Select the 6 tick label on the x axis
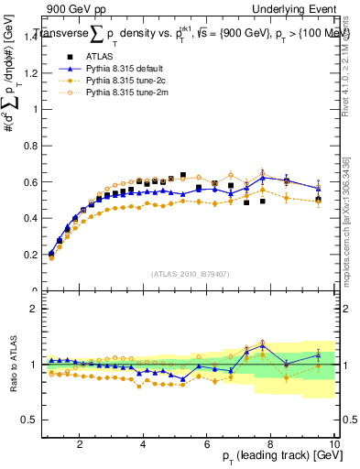coord(207,444)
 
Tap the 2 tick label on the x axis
coord(80,444)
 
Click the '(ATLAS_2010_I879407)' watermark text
coord(190,274)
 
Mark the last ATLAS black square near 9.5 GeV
coord(318,200)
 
